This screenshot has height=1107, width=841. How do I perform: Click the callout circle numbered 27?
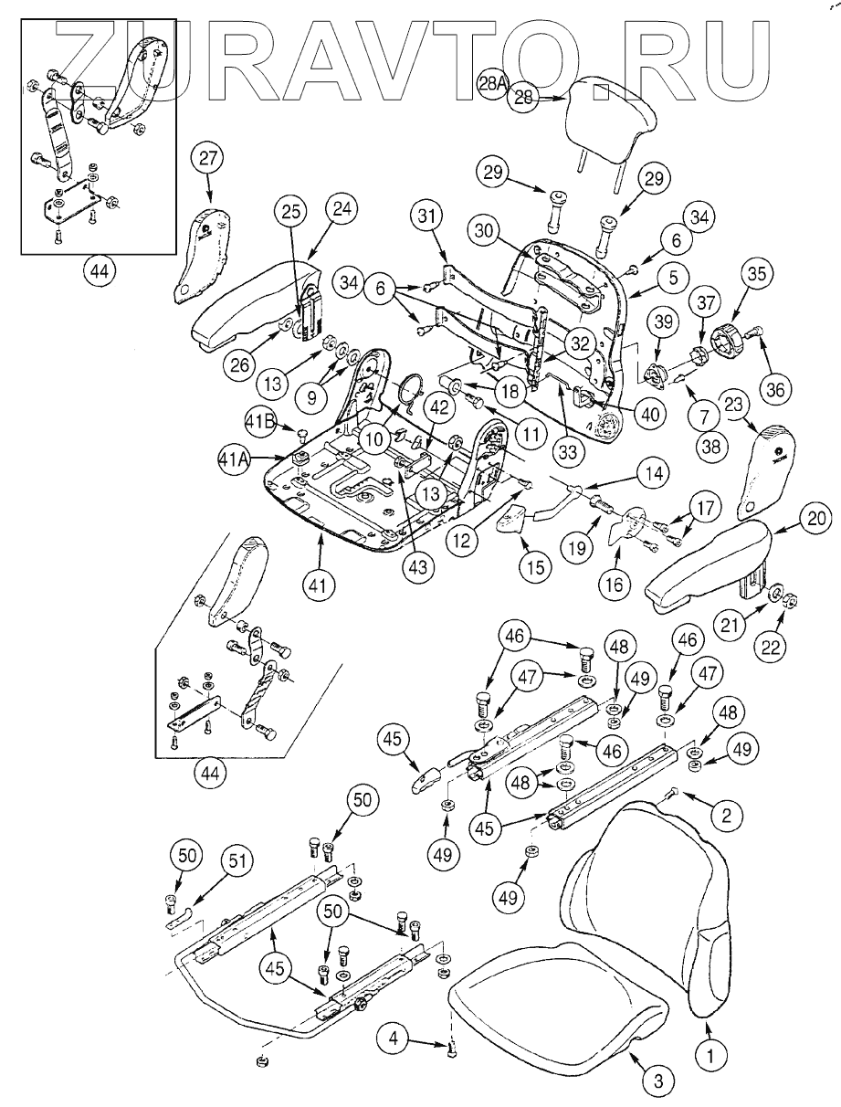(x=207, y=159)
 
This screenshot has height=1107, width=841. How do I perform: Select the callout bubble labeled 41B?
(x=260, y=422)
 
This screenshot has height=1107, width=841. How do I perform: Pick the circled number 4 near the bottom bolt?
(x=394, y=1038)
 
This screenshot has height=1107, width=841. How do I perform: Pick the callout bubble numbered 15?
(x=535, y=566)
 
